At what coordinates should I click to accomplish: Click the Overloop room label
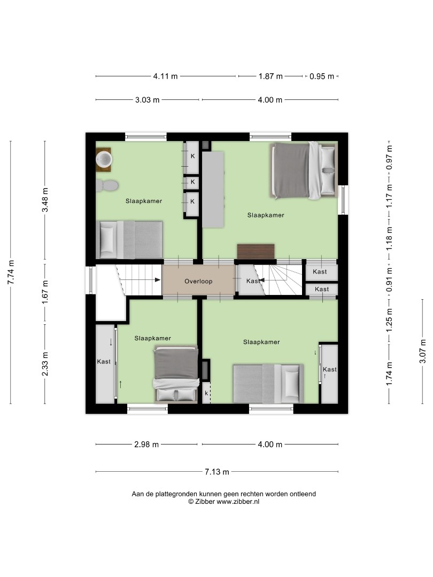(x=198, y=282)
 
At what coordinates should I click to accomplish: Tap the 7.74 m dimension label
(x=11, y=272)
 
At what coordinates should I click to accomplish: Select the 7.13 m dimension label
(x=217, y=472)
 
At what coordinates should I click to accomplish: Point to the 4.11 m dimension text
(x=165, y=76)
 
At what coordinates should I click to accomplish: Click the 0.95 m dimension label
(x=322, y=76)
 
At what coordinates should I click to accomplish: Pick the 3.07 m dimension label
(x=423, y=352)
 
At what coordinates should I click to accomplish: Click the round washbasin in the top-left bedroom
(x=104, y=160)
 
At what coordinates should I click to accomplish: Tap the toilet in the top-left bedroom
(x=107, y=185)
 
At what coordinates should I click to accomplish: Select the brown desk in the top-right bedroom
(x=256, y=251)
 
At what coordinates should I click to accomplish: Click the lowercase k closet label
(x=206, y=393)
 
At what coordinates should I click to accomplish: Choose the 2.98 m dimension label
(x=146, y=445)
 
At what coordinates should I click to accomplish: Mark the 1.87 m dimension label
(x=270, y=76)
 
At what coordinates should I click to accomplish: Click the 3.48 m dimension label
(x=45, y=200)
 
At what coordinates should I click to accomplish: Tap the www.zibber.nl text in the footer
(x=238, y=501)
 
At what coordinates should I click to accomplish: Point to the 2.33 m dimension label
(x=45, y=364)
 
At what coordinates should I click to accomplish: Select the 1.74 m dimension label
(x=389, y=373)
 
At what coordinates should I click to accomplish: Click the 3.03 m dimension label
(x=148, y=100)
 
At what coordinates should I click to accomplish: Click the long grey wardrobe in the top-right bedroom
(x=213, y=190)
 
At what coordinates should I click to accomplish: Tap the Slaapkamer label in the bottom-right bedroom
(x=261, y=342)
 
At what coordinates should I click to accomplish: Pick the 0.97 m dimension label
(x=389, y=158)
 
